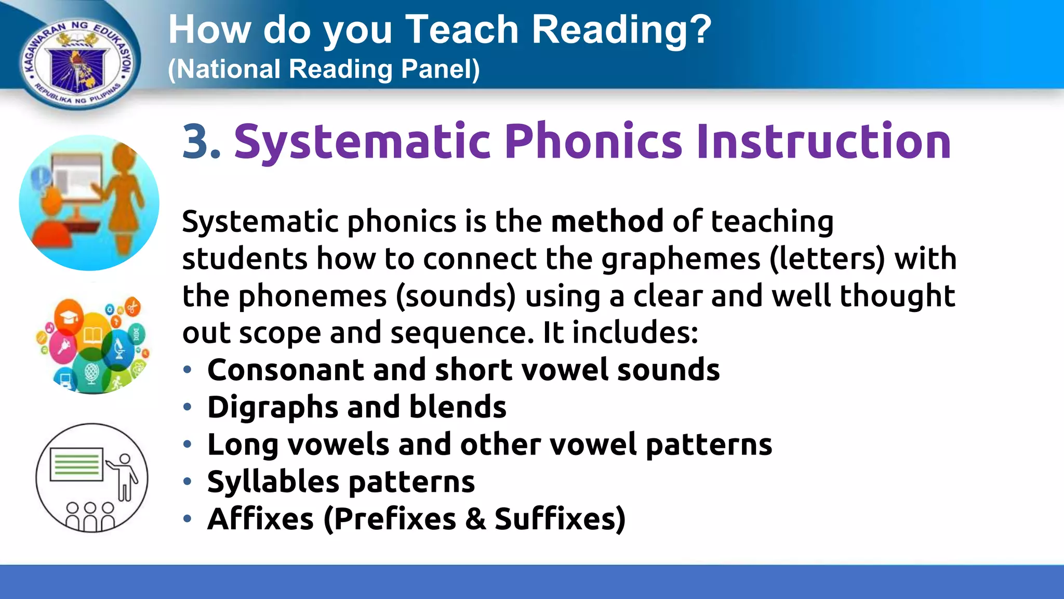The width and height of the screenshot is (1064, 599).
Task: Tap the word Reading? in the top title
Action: click(x=621, y=30)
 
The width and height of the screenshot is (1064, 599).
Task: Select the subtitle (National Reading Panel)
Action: click(x=324, y=69)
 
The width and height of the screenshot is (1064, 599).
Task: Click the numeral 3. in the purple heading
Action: click(x=202, y=141)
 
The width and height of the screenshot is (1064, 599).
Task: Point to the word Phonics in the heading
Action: click(x=593, y=141)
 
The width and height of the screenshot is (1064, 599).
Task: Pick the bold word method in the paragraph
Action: click(x=607, y=222)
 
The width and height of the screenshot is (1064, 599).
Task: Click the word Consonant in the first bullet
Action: click(x=285, y=370)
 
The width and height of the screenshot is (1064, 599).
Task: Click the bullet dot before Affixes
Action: click(x=188, y=518)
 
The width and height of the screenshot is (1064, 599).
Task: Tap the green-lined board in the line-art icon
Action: click(x=76, y=464)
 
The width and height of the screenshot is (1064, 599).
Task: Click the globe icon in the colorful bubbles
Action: click(x=91, y=373)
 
